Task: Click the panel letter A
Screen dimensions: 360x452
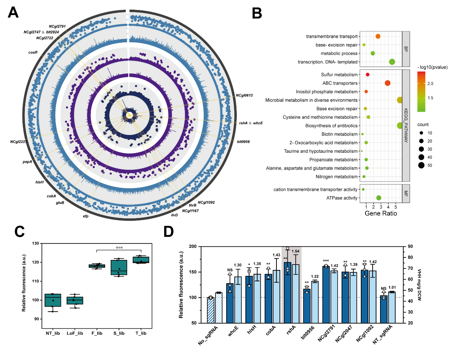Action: point(13,13)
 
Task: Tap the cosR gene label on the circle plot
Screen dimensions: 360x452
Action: point(33,53)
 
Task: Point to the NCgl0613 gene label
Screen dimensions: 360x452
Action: point(244,95)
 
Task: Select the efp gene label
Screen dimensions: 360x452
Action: point(85,216)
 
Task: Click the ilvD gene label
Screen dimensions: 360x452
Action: point(174,215)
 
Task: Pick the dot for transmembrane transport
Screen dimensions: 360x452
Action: point(378,36)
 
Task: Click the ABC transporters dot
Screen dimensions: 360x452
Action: point(388,83)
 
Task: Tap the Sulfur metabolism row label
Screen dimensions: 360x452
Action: point(339,75)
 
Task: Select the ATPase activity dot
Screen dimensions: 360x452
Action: point(379,198)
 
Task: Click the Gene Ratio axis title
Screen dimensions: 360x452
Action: point(381,213)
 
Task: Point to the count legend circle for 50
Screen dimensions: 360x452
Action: point(421,165)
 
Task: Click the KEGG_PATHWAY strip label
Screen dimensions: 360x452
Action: point(406,126)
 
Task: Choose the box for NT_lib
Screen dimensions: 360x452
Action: point(53,300)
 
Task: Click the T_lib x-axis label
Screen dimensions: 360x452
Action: point(141,333)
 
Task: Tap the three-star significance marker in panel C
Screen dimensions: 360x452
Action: point(119,248)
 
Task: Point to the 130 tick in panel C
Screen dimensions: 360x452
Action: point(36,244)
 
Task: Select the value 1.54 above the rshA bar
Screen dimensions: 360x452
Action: point(296,251)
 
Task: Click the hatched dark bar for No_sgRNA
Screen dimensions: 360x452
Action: point(211,310)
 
